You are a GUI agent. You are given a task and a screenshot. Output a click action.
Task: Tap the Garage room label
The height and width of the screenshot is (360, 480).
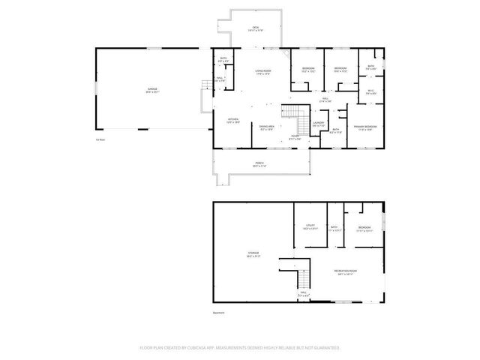pos(153,91)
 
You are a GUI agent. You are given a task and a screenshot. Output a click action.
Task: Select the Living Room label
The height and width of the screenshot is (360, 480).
pos(262,73)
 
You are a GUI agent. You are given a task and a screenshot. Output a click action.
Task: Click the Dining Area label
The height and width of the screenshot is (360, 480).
pos(266,127)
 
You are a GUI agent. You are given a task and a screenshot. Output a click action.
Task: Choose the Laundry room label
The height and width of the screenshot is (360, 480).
pos(319,124)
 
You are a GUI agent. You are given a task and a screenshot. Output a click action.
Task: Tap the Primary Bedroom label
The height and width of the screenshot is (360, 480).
pos(365,127)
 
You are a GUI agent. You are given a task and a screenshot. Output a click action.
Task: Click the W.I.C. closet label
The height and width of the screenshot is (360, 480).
pos(370,93)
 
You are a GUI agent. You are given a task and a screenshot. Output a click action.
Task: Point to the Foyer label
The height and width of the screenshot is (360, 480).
pos(295,138)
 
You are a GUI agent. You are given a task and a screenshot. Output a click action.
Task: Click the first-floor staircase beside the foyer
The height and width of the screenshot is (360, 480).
pos(292,114)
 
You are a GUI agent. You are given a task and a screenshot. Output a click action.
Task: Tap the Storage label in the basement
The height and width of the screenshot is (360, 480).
pos(253,254)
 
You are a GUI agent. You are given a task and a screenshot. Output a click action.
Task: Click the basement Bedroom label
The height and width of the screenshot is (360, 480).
pos(364,228)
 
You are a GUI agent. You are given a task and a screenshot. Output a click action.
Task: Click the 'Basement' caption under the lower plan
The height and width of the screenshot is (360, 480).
pos(218,313)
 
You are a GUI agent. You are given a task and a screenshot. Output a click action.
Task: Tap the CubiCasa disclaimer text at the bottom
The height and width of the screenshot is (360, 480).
pos(240,348)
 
